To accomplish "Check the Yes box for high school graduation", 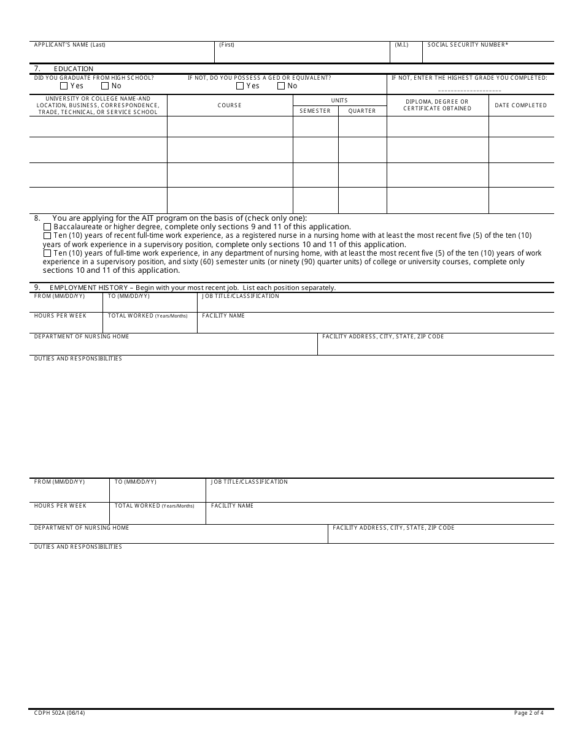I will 64,86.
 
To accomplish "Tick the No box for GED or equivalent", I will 281,86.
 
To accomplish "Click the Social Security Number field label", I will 468,45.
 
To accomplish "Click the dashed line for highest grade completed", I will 469,89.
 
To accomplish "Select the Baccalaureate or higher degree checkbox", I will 47,227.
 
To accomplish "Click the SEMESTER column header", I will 315,111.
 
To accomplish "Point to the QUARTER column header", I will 362,111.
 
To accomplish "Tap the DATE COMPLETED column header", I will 520,105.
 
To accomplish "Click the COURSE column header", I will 230,105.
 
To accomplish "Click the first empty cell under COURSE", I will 230,126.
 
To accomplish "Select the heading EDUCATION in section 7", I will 74,69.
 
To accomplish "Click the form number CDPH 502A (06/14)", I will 60,713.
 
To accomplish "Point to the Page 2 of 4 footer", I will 528,713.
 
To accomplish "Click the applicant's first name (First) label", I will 226,45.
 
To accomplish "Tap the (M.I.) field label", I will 401,45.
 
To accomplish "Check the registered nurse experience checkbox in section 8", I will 47,235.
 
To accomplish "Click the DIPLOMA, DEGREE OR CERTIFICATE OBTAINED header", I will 437,105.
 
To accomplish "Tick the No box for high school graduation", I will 105,86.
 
